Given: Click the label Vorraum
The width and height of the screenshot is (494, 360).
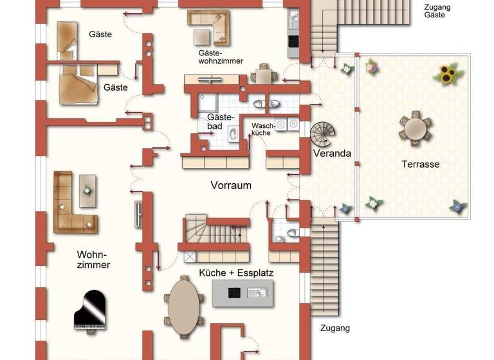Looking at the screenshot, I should point(230,185).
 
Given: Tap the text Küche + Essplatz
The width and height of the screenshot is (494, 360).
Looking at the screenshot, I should point(236,273).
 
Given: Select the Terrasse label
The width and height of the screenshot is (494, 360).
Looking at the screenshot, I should point(420,165).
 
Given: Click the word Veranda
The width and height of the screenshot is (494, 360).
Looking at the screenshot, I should point(332,154).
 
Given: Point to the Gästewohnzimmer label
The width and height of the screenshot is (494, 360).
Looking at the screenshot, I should point(220,57).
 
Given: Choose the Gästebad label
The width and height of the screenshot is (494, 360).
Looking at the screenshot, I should point(214,122).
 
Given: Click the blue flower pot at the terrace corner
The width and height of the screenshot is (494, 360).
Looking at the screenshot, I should point(457,206).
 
